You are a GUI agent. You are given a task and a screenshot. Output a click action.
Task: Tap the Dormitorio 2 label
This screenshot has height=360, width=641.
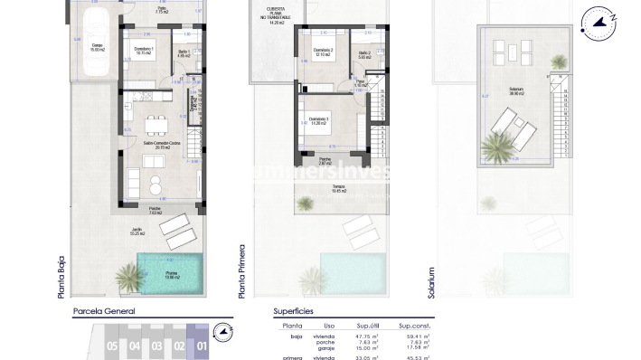pos(324,52)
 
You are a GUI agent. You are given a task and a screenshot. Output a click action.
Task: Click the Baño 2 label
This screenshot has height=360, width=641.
pos(364,55)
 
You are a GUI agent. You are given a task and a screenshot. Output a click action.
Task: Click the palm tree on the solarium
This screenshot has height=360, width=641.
pos(499,145)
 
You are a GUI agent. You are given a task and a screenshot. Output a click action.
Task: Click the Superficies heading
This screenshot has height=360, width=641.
pos(294,310)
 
